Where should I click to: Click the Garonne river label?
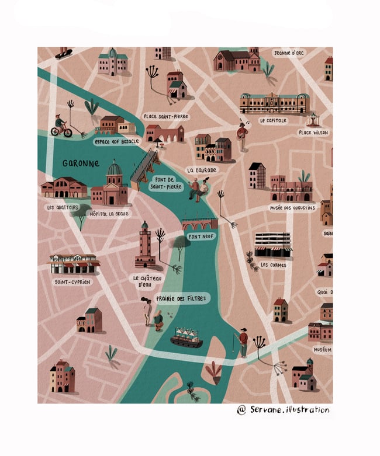click(x=81, y=163)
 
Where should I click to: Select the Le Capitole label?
click(x=273, y=120)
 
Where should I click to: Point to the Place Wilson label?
click(x=313, y=133)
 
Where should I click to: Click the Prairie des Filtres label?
click(x=182, y=298)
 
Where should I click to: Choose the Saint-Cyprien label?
click(x=73, y=282)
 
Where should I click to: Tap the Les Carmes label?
click(x=273, y=264)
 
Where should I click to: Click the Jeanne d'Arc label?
click(x=289, y=53)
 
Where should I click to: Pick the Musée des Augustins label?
click(x=292, y=207)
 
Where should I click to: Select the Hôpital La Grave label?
click(x=109, y=214)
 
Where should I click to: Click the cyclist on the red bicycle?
click(x=61, y=127)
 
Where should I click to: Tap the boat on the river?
click(x=186, y=337)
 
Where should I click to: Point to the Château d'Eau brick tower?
click(x=145, y=245)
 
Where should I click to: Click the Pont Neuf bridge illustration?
click(x=199, y=224)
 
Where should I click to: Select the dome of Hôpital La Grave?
click(x=114, y=169)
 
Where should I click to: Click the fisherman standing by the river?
click(x=243, y=342)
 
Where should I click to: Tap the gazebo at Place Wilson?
click(x=313, y=119)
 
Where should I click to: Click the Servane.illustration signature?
click(x=283, y=410)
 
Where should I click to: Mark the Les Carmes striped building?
click(x=273, y=245)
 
